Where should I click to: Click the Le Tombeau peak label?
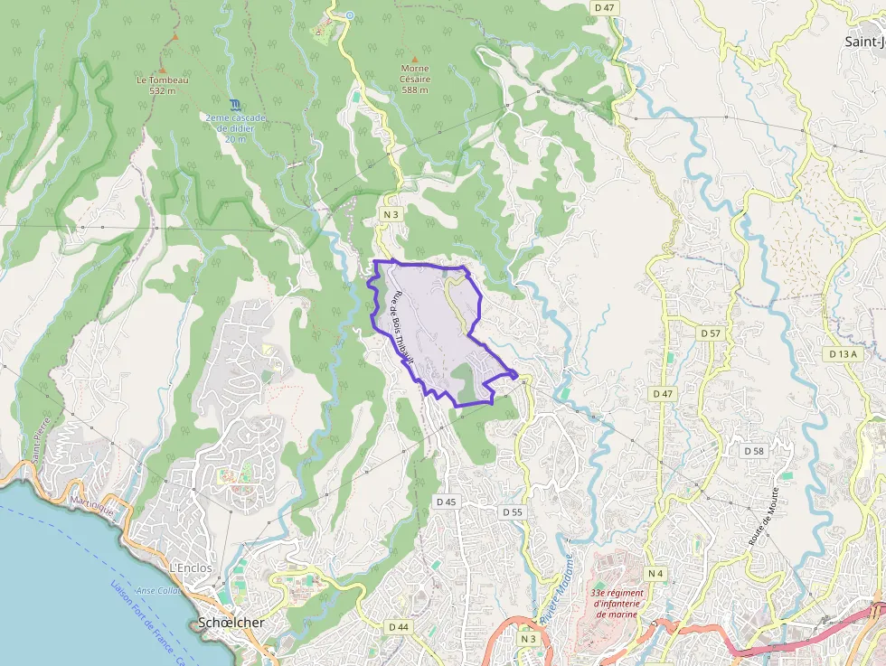(163, 85)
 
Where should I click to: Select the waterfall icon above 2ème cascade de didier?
(235, 105)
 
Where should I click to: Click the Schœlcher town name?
(231, 624)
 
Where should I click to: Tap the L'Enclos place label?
(191, 568)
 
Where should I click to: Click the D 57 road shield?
(711, 333)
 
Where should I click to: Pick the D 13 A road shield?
(842, 354)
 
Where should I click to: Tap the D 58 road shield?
(753, 451)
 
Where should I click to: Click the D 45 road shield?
(447, 502)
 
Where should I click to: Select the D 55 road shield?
(512, 512)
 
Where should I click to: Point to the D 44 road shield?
(399, 627)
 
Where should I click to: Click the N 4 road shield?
(655, 574)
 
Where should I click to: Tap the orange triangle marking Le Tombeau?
(163, 69)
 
